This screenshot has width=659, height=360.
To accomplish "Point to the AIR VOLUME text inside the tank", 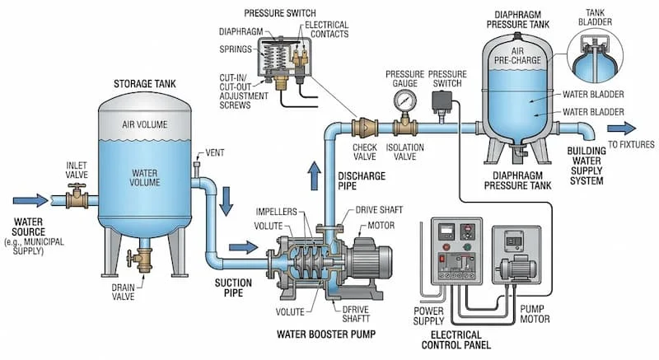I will pyautogui.click(x=144, y=124).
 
